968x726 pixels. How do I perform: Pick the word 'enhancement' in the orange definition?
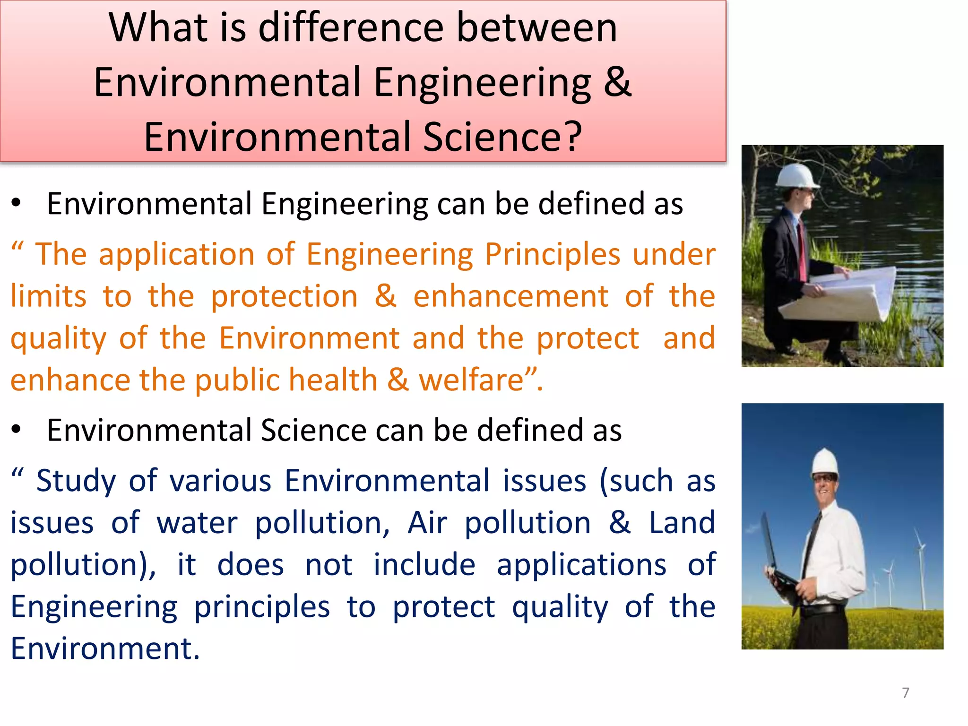click(510, 297)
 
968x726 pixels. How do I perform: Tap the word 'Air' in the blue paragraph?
click(427, 523)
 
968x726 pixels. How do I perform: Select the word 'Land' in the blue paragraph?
click(682, 523)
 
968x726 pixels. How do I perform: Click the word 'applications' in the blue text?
click(581, 565)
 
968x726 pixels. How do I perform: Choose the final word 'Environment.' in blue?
click(105, 648)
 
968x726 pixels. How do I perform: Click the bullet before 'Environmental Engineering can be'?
click(17, 203)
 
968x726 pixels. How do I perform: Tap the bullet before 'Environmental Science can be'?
click(17, 430)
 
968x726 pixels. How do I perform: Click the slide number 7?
click(905, 693)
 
